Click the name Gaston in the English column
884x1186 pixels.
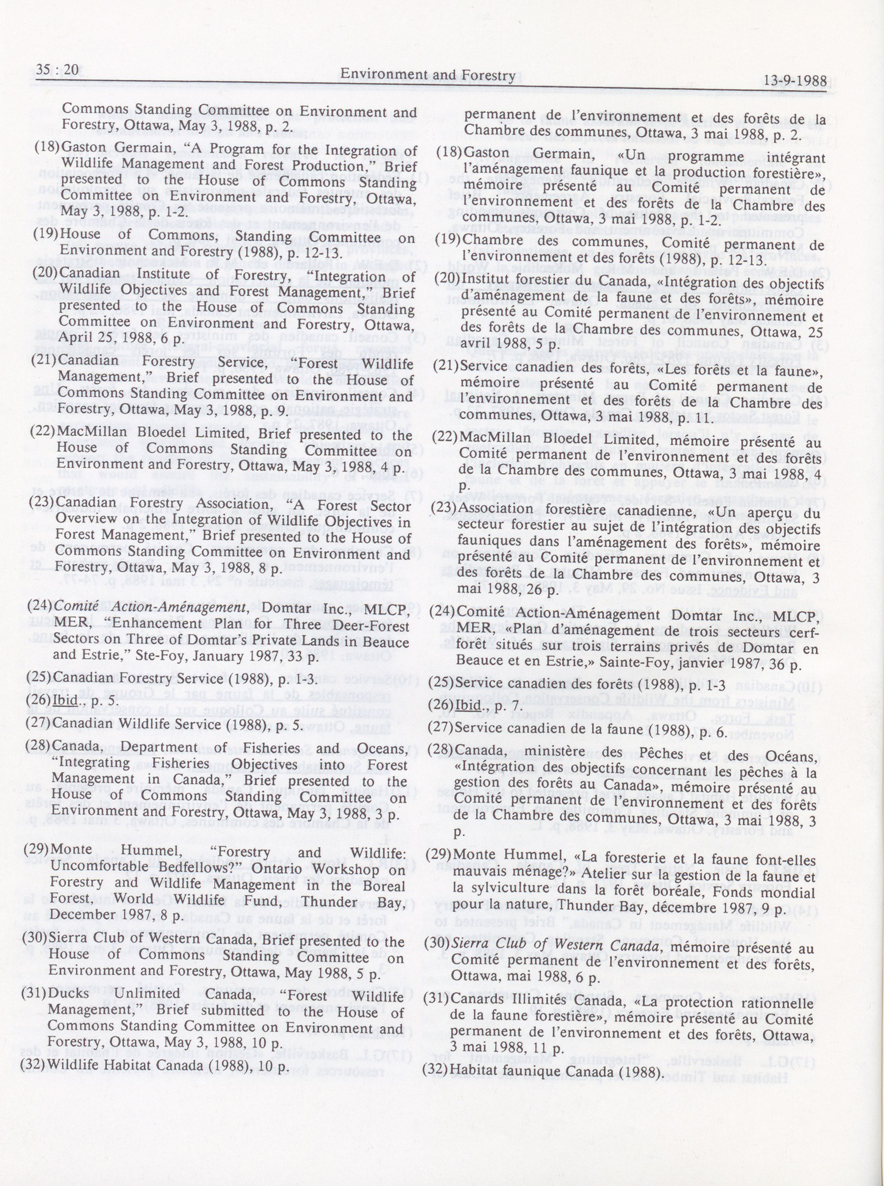(83, 150)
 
